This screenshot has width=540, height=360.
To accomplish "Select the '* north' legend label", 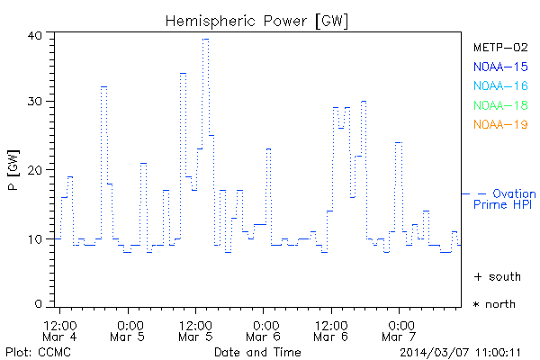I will pos(494,304).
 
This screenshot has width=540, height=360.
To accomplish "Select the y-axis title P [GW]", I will pos(12,170).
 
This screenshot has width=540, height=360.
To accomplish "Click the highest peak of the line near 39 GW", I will pos(205,39).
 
